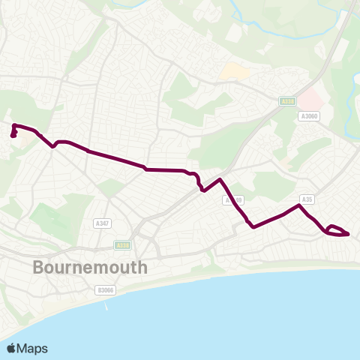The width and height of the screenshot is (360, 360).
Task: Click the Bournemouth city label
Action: click(91, 268)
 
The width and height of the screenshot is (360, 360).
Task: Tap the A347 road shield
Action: click(103, 223)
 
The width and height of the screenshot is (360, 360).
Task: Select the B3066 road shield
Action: click(106, 289)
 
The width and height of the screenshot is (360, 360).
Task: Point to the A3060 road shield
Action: click(309, 116)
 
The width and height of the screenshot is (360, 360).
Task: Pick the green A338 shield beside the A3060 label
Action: click(287, 101)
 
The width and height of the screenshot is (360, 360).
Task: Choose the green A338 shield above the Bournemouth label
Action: click(123, 244)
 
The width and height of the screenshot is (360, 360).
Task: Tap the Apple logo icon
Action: click(12, 348)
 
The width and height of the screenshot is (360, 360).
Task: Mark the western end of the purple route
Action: click(13, 136)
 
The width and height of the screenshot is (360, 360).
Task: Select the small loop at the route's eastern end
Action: click(337, 230)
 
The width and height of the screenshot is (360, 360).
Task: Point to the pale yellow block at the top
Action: click(233, 72)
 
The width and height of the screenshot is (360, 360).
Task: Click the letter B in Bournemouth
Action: click(40, 268)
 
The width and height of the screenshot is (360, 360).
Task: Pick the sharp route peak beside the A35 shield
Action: click(300, 205)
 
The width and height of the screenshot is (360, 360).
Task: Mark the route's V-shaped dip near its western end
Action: click(52, 146)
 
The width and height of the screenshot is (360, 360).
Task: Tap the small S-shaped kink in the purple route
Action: click(197, 181)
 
